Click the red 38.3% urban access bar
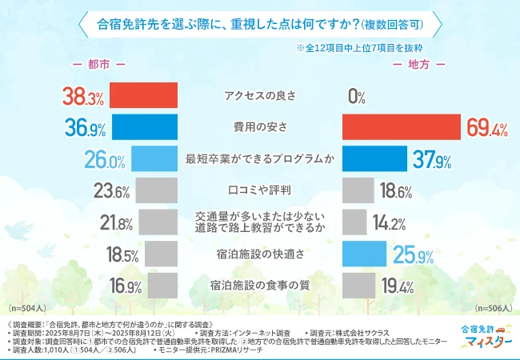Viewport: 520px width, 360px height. click(143, 95)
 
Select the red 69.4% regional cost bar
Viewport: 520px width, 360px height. click(401, 126)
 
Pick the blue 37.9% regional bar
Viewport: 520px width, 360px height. click(374, 158)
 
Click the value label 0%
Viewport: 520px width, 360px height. click(357, 97)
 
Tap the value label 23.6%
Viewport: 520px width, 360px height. click(111, 191)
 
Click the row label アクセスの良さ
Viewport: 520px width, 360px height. click(260, 96)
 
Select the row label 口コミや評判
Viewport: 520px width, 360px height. click(260, 190)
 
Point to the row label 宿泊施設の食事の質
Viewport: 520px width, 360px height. click(260, 285)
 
